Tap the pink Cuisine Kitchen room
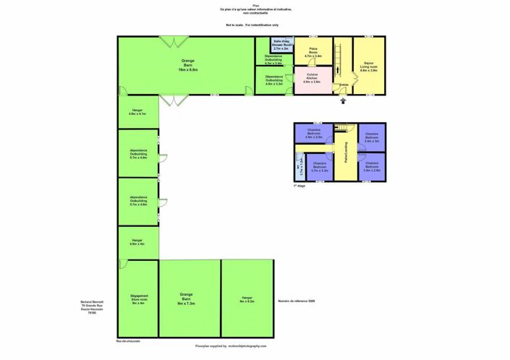(312, 80)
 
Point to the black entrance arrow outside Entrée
(344, 101)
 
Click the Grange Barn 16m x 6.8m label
(187, 64)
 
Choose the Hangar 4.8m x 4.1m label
(137, 112)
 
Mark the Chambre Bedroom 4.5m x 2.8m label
(313, 134)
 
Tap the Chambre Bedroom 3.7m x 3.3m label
(320, 168)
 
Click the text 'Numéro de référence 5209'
(297, 301)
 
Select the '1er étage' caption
(299, 186)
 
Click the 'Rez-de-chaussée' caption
(128, 340)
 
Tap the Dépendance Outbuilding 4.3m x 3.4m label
(273, 60)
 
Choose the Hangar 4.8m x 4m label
(137, 242)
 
